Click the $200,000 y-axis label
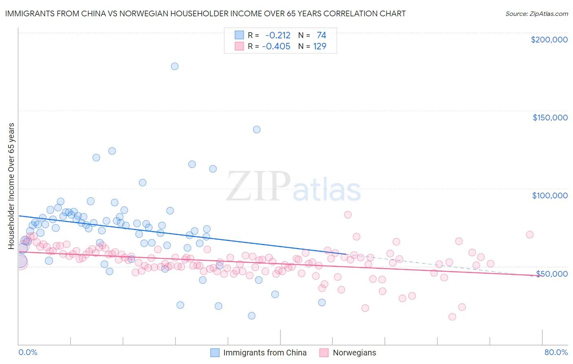(549, 40)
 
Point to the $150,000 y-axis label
(550, 118)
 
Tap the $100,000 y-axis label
(550, 196)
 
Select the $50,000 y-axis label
(552, 273)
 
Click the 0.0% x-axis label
(28, 352)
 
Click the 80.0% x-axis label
(556, 352)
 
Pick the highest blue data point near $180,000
(175, 67)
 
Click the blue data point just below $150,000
(257, 130)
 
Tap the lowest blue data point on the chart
(252, 316)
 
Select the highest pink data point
(348, 215)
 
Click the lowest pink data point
(452, 317)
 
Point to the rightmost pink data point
(530, 235)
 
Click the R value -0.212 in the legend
(278, 35)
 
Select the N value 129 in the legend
(320, 47)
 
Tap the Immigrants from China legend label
(265, 353)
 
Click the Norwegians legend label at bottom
(354, 353)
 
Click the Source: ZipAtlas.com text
(537, 13)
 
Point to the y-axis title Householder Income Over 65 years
(11, 186)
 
